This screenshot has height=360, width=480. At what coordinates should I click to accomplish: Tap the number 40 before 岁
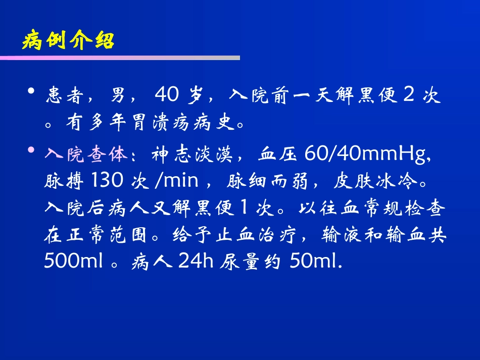pyautogui.click(x=166, y=94)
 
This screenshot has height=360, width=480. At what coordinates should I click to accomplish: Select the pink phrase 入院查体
pyautogui.click(x=85, y=155)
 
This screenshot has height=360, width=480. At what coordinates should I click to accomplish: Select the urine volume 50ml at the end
pyautogui.click(x=316, y=262)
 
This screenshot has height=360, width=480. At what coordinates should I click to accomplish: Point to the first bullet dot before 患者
pyautogui.click(x=32, y=91)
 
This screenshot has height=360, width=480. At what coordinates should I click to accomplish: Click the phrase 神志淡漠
pyautogui.click(x=191, y=155)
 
